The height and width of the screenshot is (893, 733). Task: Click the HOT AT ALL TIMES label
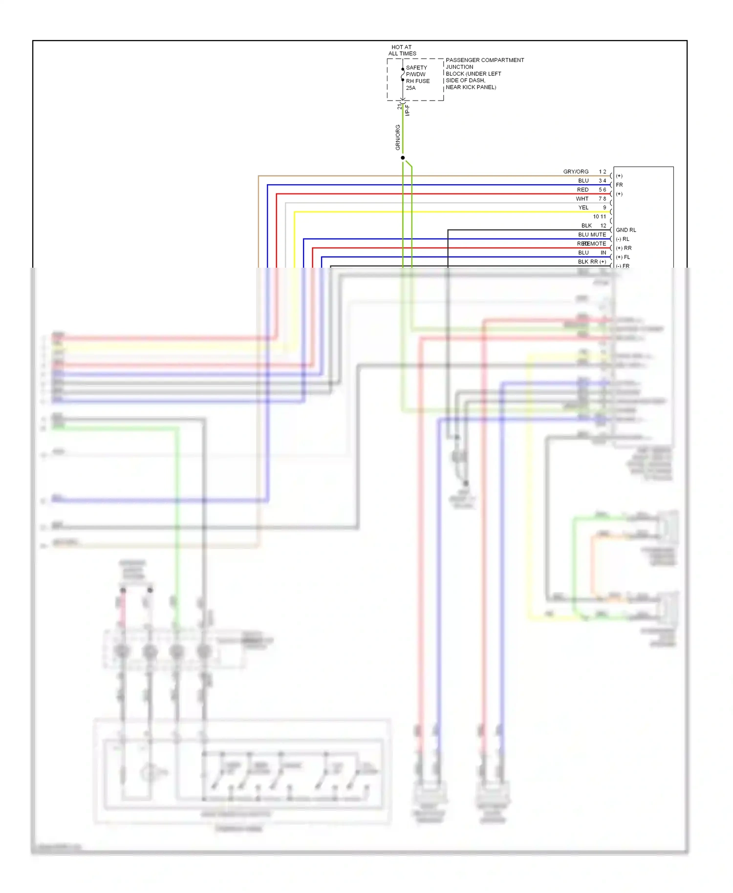(402, 50)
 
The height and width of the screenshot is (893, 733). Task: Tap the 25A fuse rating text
(410, 88)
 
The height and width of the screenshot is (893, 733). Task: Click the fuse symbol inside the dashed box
(403, 74)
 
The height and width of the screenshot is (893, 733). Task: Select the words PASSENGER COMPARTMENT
(484, 60)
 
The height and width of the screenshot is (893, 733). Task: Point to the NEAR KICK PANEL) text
(471, 87)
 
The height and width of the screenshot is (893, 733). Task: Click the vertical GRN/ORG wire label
(398, 137)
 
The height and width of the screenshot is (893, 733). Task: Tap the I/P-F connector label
(408, 110)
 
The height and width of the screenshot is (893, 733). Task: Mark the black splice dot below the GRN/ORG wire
(403, 158)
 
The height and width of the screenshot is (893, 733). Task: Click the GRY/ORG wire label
(576, 171)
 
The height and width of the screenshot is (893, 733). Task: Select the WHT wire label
(582, 199)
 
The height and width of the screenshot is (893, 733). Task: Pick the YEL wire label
(583, 208)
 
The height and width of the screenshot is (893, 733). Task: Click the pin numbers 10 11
(599, 216)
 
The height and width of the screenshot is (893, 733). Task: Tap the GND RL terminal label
(625, 230)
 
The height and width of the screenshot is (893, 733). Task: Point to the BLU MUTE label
(592, 234)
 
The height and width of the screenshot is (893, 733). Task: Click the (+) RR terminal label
(624, 248)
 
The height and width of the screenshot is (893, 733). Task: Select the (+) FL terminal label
(623, 257)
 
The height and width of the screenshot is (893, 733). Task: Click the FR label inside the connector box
(619, 185)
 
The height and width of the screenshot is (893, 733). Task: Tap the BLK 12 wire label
(593, 226)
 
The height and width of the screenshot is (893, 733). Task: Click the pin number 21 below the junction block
(399, 106)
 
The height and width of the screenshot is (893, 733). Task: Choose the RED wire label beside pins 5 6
(582, 190)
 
